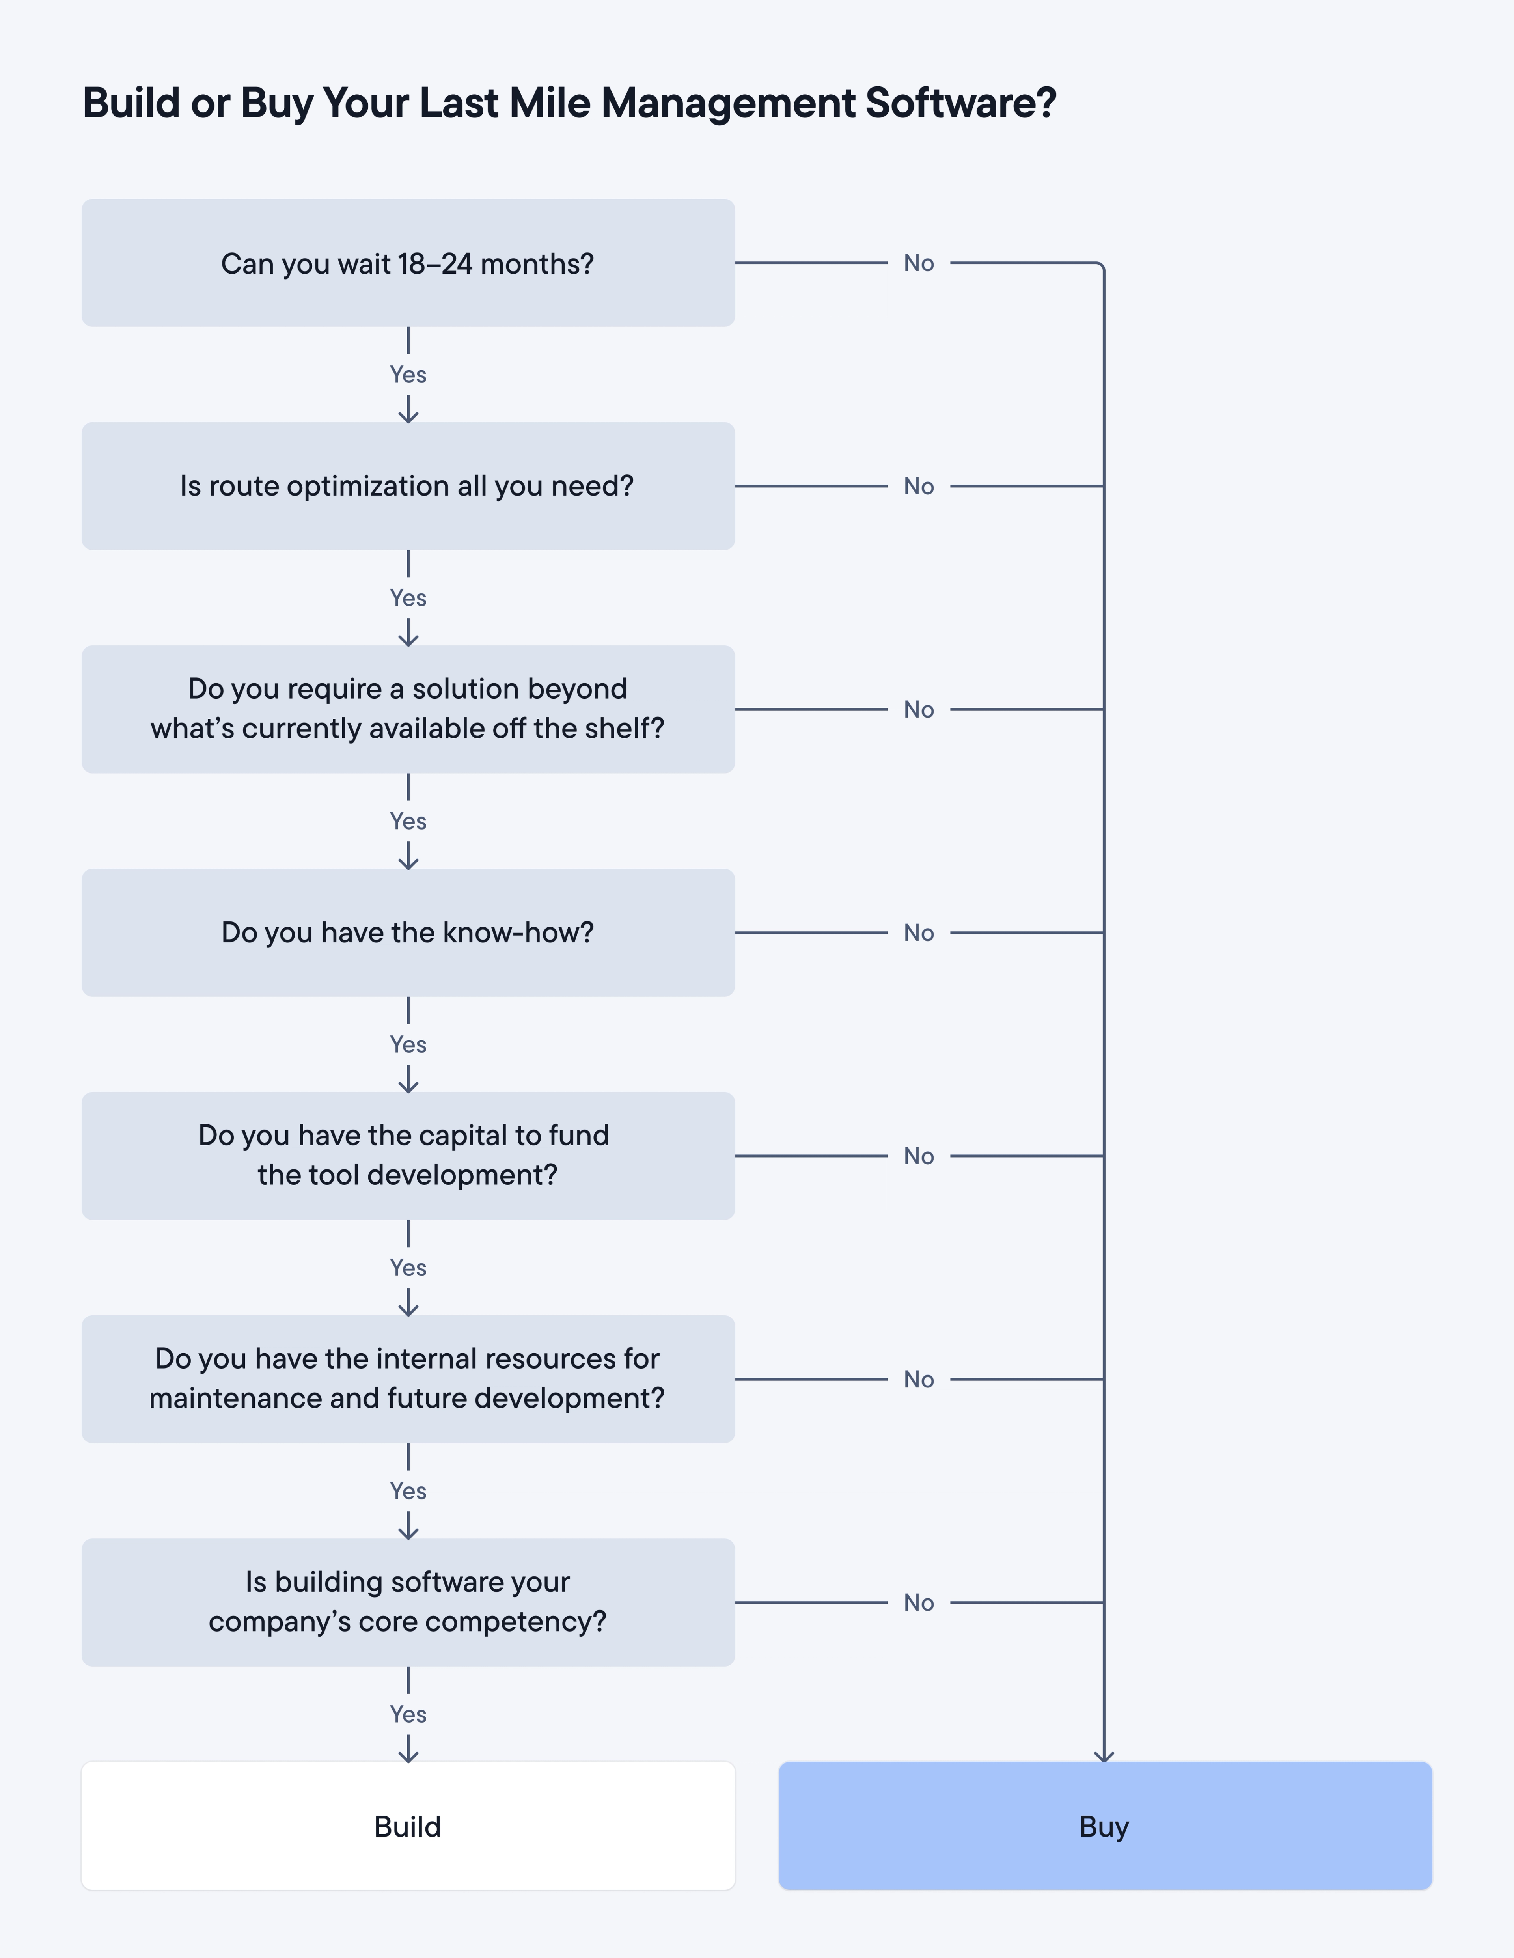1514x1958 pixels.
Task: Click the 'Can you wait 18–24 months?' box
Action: pos(408,263)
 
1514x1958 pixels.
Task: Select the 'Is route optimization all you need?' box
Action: pos(408,486)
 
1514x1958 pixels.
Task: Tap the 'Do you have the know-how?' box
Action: pos(408,932)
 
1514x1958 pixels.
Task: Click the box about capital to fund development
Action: pos(408,1156)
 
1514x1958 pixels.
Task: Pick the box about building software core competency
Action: pos(408,1602)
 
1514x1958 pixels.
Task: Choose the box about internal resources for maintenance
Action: pos(408,1379)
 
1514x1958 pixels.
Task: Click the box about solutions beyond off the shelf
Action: pos(408,709)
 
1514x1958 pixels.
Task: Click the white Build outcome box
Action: pos(408,1826)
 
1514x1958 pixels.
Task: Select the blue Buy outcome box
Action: pos(1104,1826)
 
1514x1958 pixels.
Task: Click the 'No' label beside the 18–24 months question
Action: pos(919,263)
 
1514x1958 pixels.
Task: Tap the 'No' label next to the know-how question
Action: pos(919,932)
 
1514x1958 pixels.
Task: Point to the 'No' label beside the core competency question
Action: pos(919,1602)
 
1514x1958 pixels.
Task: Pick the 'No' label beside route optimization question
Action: pos(919,486)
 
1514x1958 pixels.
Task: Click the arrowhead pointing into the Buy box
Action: pos(1104,1755)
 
